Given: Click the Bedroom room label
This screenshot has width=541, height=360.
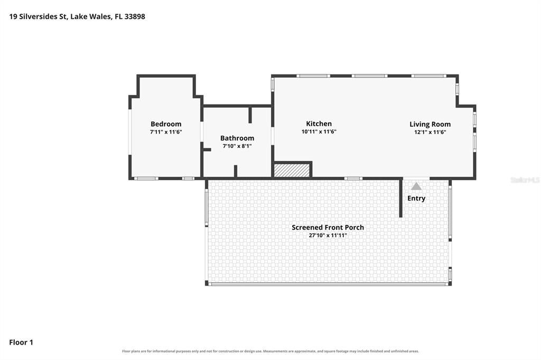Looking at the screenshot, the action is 165,124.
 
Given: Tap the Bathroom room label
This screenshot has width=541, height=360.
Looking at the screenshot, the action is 237,138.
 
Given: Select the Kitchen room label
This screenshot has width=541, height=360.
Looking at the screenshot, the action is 319,124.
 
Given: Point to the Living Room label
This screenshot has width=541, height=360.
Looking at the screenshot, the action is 430,125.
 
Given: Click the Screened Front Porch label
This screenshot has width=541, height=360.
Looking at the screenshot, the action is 328,228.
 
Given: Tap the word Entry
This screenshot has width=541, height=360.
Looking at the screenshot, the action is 416,198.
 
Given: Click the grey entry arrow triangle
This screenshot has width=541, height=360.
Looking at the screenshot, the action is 416,186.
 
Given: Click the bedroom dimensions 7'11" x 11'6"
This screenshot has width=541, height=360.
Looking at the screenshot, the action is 166,132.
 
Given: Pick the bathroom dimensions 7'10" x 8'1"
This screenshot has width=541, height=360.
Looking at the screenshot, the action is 237,146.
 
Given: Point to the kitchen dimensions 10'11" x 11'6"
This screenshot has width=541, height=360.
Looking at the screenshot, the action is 319,132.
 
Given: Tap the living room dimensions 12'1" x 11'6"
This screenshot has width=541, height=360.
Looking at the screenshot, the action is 430,132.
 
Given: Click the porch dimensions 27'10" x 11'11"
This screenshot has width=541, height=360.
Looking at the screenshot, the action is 328,235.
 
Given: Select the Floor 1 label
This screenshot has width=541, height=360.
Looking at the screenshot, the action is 21,343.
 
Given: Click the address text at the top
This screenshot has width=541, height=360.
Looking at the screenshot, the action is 77,16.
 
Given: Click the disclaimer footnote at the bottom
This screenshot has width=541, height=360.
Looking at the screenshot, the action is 270,352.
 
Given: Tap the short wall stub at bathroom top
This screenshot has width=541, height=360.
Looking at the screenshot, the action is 250,115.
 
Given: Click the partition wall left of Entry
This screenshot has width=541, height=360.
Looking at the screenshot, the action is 400,198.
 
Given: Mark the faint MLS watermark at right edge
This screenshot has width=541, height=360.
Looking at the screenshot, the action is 525,180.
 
